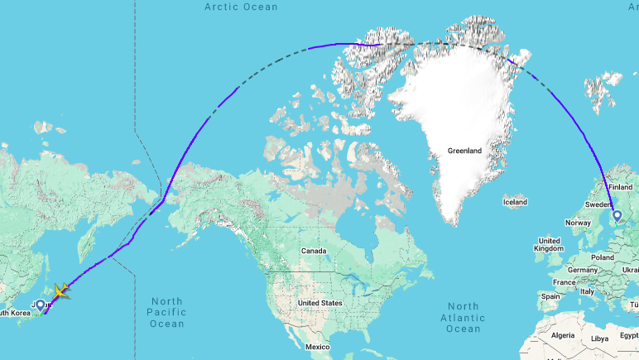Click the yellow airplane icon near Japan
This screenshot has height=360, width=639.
click(60, 290)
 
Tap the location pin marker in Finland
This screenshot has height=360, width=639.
click(617, 217)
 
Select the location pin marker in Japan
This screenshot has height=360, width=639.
click(40, 306)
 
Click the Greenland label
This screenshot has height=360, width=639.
click(464, 151)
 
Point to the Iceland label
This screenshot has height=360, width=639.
click(514, 202)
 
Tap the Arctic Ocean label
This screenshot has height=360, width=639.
click(241, 7)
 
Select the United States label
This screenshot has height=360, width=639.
click(319, 303)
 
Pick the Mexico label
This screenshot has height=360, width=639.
click(317, 346)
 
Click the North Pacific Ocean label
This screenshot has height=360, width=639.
click(166, 312)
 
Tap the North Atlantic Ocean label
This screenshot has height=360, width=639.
click(464, 318)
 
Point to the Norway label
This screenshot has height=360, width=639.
click(578, 223)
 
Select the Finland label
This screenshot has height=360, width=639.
click(620, 188)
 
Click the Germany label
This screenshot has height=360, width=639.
click(583, 271)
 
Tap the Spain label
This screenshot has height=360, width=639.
click(550, 295)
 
